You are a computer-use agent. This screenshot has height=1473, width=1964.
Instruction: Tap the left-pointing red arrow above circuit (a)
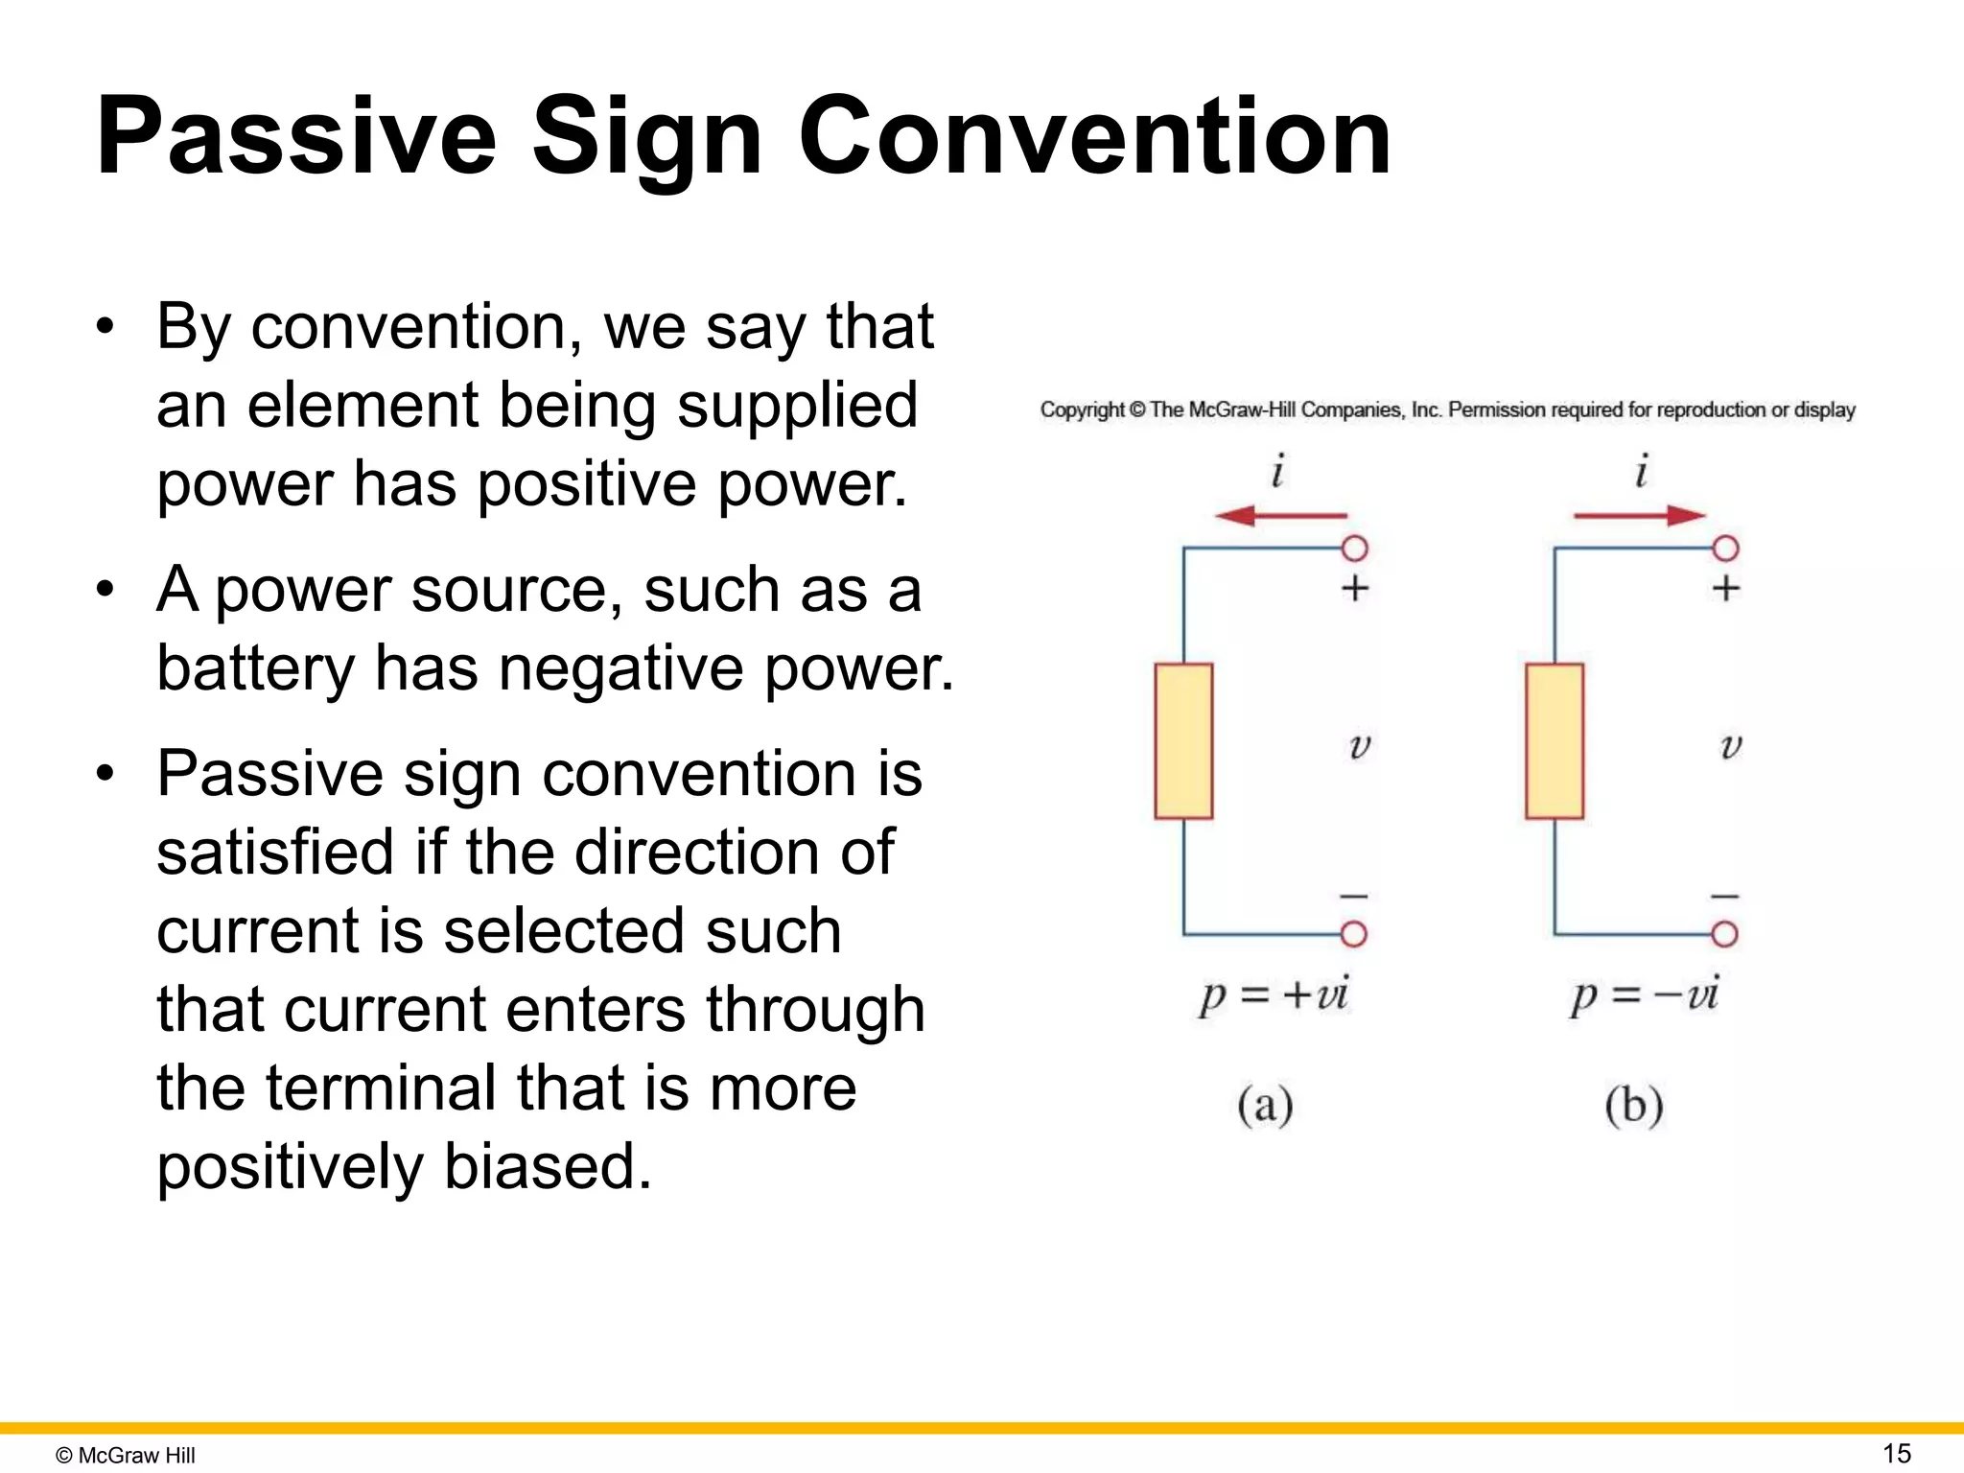[1280, 516]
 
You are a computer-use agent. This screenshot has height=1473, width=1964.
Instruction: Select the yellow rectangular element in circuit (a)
[1183, 741]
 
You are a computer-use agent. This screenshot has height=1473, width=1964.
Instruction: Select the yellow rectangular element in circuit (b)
[1554, 741]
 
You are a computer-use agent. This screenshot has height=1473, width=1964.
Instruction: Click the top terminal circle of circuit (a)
[1354, 549]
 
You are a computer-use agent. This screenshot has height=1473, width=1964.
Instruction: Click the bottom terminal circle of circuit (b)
[1724, 934]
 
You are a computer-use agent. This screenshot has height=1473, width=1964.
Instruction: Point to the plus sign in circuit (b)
[1725, 588]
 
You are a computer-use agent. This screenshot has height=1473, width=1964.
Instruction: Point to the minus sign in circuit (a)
[1354, 897]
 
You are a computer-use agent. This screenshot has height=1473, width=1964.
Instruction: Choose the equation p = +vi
[1274, 995]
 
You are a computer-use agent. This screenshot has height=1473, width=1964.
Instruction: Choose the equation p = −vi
[1644, 995]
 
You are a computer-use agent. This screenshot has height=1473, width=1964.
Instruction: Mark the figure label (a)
[1265, 1106]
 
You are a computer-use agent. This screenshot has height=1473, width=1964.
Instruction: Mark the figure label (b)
[1634, 1106]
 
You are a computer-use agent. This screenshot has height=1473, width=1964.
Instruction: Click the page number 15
[1897, 1453]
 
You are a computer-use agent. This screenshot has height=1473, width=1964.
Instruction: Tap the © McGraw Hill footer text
[126, 1456]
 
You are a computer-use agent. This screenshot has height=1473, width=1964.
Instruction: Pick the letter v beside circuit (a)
[1360, 746]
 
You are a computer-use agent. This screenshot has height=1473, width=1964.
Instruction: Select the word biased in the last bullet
[548, 1167]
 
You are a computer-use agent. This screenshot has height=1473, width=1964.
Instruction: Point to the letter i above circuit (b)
[1641, 472]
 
